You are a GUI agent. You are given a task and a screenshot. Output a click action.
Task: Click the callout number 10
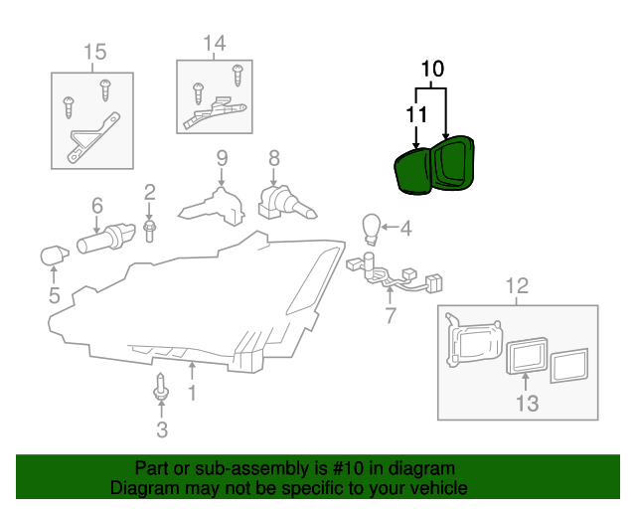click(x=432, y=69)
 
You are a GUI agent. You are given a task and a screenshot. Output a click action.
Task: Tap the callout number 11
click(x=416, y=114)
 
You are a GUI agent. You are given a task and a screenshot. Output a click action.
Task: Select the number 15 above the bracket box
click(x=95, y=52)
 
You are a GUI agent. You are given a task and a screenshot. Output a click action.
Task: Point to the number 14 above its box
click(x=215, y=43)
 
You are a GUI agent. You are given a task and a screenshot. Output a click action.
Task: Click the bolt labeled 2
click(x=150, y=232)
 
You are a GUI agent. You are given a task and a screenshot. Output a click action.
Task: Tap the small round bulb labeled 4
click(x=371, y=229)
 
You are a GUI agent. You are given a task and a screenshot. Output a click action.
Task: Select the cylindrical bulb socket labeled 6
click(x=106, y=239)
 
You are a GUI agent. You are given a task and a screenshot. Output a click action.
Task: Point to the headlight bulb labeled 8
click(x=286, y=203)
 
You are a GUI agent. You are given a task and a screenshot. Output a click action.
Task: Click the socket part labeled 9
click(x=213, y=206)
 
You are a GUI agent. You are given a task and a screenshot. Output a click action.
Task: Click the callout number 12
click(x=517, y=286)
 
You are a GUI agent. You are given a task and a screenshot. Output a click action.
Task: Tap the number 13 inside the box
click(x=528, y=404)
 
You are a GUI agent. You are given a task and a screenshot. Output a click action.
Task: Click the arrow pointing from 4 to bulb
click(x=390, y=228)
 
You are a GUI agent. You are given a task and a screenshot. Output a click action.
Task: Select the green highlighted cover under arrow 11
click(x=412, y=171)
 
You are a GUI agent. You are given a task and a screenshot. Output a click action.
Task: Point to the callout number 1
click(x=192, y=393)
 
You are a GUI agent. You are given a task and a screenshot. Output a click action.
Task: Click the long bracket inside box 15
click(x=93, y=138)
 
